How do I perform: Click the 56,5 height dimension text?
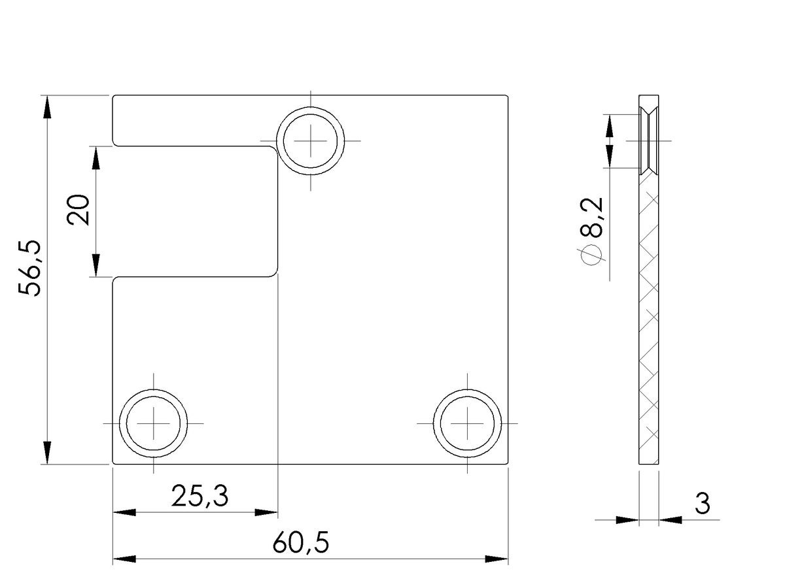pos(29,268)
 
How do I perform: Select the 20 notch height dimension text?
pos(78,210)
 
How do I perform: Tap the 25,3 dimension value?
pos(200,497)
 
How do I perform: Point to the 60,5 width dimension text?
pos(300,543)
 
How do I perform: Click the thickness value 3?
pos(702,504)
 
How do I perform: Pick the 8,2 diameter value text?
pos(592,218)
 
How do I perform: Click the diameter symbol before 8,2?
pos(591,255)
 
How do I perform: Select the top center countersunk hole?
pos(311,141)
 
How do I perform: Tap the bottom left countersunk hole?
pos(154,423)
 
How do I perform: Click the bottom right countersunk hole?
pos(467,423)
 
